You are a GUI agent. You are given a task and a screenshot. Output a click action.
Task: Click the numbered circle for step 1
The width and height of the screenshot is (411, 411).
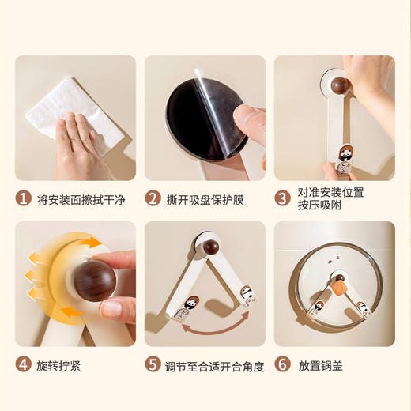pyautogui.click(x=24, y=198)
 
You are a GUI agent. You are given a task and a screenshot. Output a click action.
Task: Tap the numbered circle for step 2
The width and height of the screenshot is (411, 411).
pyautogui.click(x=153, y=198)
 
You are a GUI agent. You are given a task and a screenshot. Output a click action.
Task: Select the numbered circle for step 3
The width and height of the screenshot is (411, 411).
pyautogui.click(x=283, y=198)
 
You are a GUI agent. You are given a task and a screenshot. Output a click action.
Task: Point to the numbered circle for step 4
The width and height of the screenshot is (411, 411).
pyautogui.click(x=24, y=364)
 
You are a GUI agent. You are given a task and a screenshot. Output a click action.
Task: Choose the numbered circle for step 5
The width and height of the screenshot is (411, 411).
pyautogui.click(x=153, y=364)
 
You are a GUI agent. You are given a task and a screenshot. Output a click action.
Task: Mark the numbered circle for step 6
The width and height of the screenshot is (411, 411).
pyautogui.click(x=283, y=364)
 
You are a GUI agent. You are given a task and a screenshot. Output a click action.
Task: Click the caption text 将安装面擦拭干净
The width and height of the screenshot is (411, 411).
pyautogui.click(x=81, y=200)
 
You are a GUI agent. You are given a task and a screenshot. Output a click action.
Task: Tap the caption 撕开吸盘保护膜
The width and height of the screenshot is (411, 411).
pyautogui.click(x=205, y=200)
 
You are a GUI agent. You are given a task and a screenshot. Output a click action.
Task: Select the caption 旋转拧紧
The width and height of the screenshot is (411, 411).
pyautogui.click(x=58, y=366)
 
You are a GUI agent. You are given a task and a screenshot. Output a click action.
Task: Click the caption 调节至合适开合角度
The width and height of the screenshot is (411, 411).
pyautogui.click(x=215, y=366)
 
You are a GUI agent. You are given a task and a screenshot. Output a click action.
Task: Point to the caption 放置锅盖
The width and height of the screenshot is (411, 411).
pyautogui.click(x=321, y=366)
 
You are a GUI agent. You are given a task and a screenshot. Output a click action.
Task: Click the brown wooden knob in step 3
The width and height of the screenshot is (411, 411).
pyautogui.click(x=341, y=85)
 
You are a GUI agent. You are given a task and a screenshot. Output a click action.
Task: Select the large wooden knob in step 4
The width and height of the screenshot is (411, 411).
pyautogui.click(x=94, y=281)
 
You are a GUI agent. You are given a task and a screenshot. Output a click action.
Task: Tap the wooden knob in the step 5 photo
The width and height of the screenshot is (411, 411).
pyautogui.click(x=211, y=247)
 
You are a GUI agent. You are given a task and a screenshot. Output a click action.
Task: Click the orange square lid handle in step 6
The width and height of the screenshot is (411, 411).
pyautogui.click(x=337, y=288)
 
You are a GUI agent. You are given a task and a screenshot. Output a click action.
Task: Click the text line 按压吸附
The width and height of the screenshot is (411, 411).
pyautogui.click(x=319, y=205)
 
